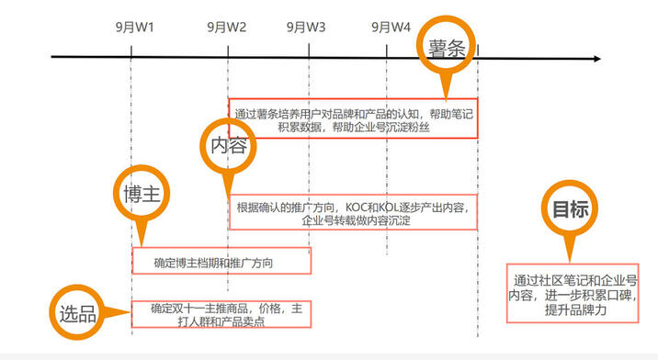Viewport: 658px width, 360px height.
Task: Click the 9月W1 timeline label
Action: [x=134, y=27]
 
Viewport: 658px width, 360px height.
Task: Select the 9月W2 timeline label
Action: [x=226, y=27]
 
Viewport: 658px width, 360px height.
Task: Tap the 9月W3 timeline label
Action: [x=306, y=27]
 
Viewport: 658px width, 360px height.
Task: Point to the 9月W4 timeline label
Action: [x=391, y=27]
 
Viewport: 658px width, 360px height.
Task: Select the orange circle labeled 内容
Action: [x=226, y=144]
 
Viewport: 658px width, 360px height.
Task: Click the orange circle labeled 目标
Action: [x=570, y=208]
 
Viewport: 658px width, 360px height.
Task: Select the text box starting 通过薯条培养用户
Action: [x=353, y=118]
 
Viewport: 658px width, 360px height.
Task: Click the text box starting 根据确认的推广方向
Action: [x=353, y=213]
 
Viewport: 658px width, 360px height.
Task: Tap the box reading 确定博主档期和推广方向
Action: [x=221, y=261]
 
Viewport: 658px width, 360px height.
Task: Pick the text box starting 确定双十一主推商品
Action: [x=221, y=315]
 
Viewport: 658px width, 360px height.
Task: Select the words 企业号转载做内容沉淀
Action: [x=355, y=221]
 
